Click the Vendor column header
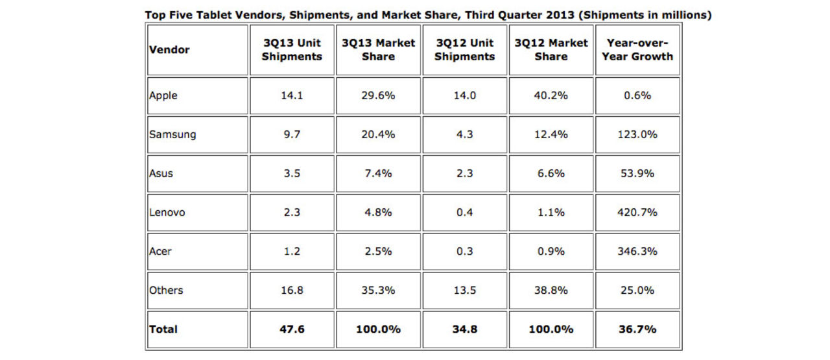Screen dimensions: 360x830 point(169,49)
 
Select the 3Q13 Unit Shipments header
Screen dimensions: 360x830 point(292,49)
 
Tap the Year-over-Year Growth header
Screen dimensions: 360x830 point(638,49)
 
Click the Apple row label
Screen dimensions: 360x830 point(163,95)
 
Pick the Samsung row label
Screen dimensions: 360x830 point(172,134)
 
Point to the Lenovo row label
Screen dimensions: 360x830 point(167,212)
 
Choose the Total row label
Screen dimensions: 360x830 point(163,329)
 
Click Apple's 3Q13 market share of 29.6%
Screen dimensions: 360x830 point(378,95)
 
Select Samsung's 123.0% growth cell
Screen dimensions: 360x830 point(638,134)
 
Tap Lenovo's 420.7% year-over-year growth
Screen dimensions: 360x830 point(638,212)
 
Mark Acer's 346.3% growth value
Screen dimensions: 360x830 point(638,251)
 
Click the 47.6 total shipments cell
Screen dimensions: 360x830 point(292,329)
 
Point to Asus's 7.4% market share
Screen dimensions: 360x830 point(378,173)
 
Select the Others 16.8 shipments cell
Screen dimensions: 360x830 point(292,290)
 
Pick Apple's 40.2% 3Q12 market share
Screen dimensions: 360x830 point(551,95)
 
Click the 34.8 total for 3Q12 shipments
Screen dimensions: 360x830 point(465,329)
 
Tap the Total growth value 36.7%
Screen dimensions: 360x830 point(638,329)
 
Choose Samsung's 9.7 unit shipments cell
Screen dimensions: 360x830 point(292,134)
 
